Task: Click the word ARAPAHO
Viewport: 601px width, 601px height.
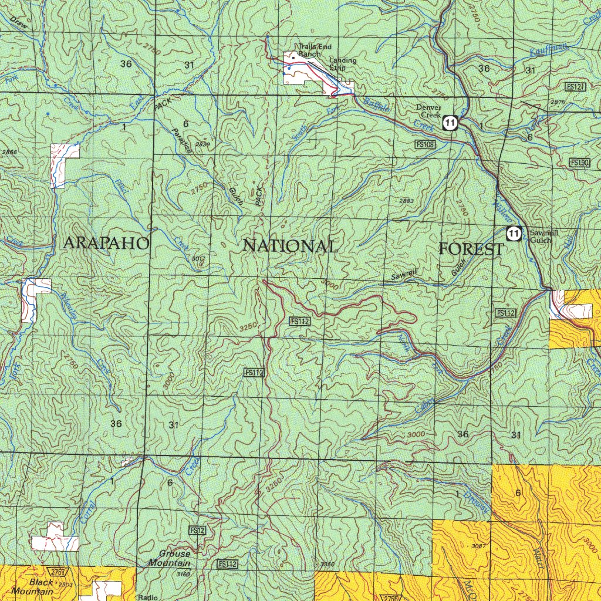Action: tap(106, 243)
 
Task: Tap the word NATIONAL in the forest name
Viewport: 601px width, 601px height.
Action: tap(290, 246)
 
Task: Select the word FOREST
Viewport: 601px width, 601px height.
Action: tap(471, 249)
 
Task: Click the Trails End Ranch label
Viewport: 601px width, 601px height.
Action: tap(310, 50)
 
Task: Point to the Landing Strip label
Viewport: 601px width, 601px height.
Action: tap(342, 63)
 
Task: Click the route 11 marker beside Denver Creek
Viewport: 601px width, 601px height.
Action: tap(450, 123)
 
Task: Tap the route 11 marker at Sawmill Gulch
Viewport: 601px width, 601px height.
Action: tap(514, 234)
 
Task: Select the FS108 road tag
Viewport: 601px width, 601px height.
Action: tap(425, 144)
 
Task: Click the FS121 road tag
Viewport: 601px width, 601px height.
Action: tap(575, 86)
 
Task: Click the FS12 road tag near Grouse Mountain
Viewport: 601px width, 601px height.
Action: tap(197, 530)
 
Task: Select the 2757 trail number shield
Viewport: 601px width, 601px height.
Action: tap(57, 572)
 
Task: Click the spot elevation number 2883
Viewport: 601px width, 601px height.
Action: tap(406, 201)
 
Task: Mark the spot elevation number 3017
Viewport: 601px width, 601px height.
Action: tap(198, 258)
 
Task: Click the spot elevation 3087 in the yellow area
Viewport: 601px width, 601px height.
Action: tap(478, 546)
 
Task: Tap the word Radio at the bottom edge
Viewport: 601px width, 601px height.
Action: tap(147, 597)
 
